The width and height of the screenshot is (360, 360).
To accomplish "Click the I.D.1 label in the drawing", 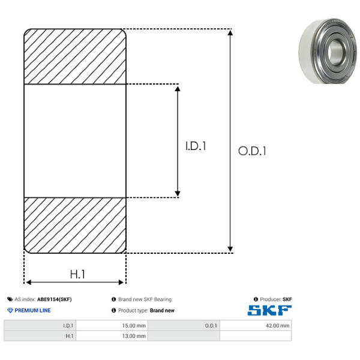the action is pos(196,146).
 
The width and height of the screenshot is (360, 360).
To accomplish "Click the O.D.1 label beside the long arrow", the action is pos(252,151).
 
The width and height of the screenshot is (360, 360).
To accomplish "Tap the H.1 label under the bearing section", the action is pos(77,274).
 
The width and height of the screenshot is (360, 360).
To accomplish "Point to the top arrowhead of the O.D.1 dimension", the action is pos(230,32).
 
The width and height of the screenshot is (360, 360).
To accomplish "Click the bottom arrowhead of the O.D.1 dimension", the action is pos(230,249).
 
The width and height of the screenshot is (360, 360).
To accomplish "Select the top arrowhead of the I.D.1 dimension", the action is pos(178,89).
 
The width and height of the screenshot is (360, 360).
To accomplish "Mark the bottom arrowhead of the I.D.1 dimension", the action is pos(178,194).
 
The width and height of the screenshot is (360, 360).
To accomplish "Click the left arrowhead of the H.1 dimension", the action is pos(28,282).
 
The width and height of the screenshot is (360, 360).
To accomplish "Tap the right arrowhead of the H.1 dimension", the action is pos(121,282).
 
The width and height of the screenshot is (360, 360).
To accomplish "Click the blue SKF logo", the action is pos(269,310).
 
